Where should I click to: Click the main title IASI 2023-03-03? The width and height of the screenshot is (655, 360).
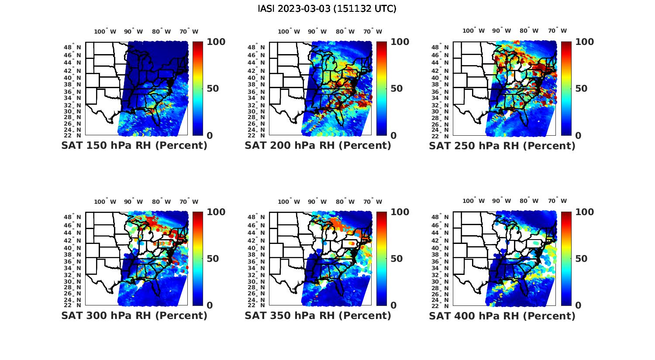(x=327, y=9)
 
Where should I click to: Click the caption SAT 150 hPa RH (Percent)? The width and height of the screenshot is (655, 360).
(x=134, y=146)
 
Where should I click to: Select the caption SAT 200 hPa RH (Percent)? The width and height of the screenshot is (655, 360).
(x=318, y=146)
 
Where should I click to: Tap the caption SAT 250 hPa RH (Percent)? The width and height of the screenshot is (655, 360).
(x=502, y=146)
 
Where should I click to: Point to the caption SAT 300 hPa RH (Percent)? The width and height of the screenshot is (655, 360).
(x=134, y=315)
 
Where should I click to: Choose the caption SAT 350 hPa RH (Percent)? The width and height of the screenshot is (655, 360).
(x=318, y=315)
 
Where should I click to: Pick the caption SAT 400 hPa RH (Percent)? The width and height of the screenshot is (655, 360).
(x=502, y=315)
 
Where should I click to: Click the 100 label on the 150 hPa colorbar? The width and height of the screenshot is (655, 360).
(x=216, y=42)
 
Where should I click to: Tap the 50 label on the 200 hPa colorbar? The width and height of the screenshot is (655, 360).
(x=396, y=89)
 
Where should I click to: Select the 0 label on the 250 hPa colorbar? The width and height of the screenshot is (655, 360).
(x=578, y=136)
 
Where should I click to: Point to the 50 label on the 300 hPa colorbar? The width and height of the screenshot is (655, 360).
(x=213, y=259)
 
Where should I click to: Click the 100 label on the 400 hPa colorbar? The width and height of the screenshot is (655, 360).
(x=585, y=212)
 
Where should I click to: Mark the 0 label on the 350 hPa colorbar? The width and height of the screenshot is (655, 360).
(x=394, y=305)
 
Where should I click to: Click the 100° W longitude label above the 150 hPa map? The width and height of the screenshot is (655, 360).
(x=105, y=31)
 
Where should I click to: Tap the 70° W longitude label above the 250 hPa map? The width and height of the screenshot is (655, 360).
(x=558, y=31)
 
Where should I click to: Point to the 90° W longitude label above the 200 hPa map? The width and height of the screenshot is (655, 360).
(x=317, y=31)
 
